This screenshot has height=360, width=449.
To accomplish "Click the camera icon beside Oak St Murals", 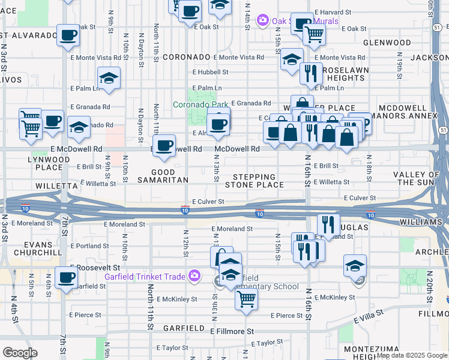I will click(x=262, y=21).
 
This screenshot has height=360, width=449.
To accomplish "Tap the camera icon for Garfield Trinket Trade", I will click(x=194, y=277).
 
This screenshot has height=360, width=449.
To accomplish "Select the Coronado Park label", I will click(x=198, y=104).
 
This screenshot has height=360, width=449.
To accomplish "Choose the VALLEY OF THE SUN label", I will click(x=420, y=178).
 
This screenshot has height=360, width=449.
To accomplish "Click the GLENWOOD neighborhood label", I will click(x=387, y=43).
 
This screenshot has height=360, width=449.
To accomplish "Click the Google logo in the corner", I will click(x=20, y=352).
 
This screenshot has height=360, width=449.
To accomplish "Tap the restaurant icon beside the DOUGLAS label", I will click(x=328, y=224).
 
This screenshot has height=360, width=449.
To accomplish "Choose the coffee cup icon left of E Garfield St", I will click(x=66, y=277).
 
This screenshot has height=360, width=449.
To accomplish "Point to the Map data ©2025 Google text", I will click(x=411, y=355).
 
